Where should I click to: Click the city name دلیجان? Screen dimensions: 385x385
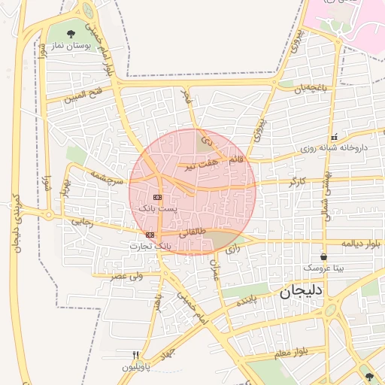[302, 292]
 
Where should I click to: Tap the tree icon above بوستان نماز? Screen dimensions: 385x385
[71, 33]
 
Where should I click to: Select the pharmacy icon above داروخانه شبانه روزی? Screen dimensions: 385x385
[333, 137]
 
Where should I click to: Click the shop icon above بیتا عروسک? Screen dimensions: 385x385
[323, 256]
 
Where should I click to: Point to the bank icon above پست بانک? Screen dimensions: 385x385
[157, 196]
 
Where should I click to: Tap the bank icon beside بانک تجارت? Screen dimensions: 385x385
[150, 235]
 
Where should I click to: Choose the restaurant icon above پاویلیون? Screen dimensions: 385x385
[136, 355]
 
